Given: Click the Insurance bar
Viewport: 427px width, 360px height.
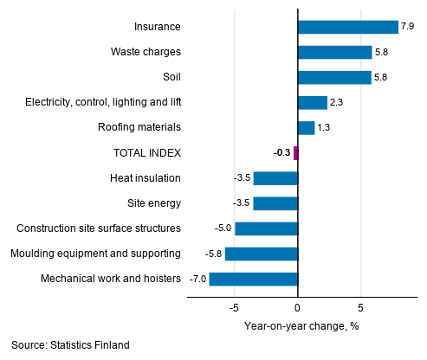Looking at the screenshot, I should [347, 27].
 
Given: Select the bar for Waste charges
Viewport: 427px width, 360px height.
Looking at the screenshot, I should [334, 52].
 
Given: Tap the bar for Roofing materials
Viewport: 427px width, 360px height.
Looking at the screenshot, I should [306, 128].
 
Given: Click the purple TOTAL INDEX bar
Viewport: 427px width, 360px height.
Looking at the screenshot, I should [295, 153].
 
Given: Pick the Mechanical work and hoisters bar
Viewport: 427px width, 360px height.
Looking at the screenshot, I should [253, 279].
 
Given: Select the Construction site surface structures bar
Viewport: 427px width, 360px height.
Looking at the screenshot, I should [266, 228].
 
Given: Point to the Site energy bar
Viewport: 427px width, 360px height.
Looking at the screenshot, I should [275, 203].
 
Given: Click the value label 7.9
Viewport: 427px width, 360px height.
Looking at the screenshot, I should [408, 27].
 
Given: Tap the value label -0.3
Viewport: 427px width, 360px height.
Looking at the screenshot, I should [281, 153].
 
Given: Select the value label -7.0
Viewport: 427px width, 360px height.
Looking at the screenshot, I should [197, 279].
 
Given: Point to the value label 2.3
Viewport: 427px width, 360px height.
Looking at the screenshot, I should [337, 103].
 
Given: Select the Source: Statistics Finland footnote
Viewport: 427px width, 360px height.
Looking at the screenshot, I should [71, 345].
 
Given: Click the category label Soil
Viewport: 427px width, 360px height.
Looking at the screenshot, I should [170, 78].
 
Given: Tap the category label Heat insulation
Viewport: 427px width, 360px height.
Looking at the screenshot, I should [146, 178].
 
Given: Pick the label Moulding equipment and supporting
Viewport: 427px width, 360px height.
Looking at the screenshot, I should [95, 254].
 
